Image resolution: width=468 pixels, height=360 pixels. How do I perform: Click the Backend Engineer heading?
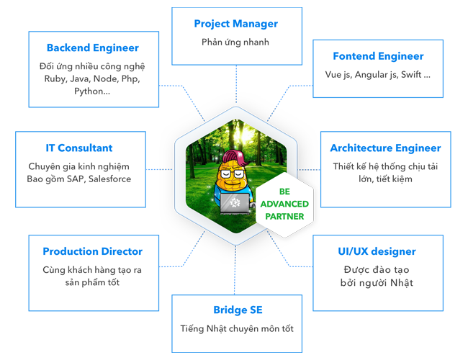[x=92, y=48]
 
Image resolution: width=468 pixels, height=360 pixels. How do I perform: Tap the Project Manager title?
[x=235, y=24]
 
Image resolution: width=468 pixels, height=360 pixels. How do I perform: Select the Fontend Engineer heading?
[x=378, y=56]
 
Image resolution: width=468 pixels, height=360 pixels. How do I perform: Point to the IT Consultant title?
[x=79, y=148]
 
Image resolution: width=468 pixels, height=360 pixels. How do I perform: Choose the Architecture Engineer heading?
[x=385, y=148]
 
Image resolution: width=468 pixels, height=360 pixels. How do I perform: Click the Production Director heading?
[x=92, y=251]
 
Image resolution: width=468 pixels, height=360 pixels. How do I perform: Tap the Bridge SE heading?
[x=238, y=310]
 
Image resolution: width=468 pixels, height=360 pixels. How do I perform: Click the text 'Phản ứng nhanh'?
[x=235, y=42]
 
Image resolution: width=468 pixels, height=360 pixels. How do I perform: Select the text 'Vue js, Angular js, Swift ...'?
[x=378, y=74]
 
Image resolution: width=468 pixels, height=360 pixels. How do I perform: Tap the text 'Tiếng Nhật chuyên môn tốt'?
[x=237, y=328]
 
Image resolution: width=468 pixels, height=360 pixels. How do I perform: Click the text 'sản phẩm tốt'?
[x=91, y=282]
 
